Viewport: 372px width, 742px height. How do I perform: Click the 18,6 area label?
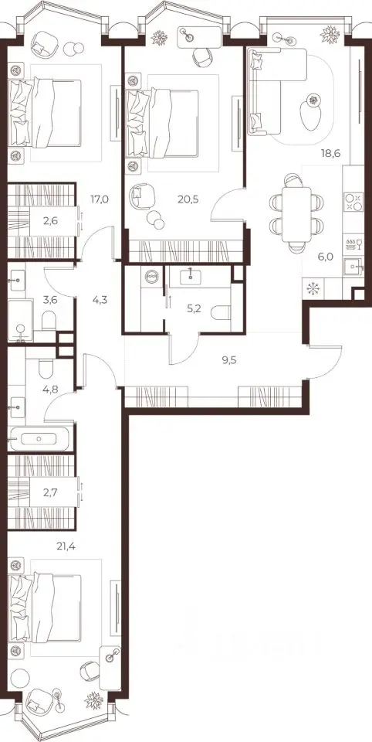[330, 152]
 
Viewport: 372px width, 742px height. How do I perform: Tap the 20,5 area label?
[188, 199]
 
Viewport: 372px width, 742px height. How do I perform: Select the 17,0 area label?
[100, 199]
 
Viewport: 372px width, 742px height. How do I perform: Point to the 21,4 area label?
[66, 546]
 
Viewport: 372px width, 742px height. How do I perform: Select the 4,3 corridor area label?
[100, 299]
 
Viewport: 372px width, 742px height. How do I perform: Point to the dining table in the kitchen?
[297, 214]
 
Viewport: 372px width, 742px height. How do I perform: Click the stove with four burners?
[354, 202]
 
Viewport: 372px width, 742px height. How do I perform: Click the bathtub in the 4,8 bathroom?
[41, 439]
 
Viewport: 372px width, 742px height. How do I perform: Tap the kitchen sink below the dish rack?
[353, 267]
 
